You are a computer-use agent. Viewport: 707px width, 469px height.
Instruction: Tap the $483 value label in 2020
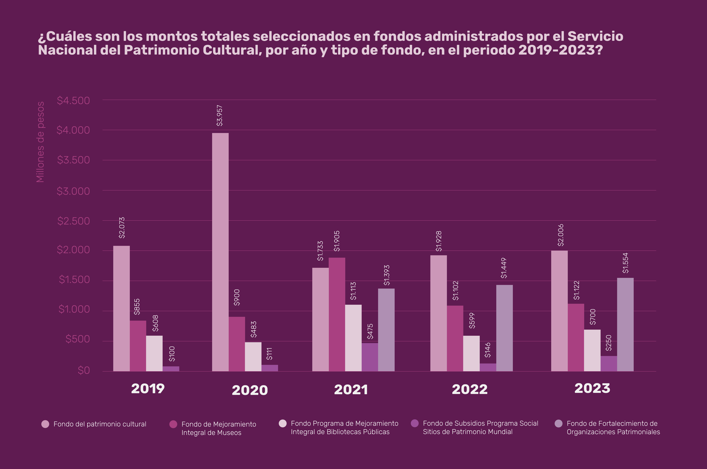(x=253, y=329)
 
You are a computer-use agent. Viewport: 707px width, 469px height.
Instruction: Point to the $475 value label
(x=370, y=331)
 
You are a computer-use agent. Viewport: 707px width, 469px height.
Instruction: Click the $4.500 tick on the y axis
(x=73, y=100)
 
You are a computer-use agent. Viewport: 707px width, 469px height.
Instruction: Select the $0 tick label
(x=84, y=371)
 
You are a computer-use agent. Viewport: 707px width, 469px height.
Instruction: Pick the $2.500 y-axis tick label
(x=73, y=221)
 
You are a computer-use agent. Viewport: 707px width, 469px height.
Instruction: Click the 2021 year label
(x=351, y=390)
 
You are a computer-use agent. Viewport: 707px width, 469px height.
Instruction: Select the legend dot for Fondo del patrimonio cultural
(x=45, y=424)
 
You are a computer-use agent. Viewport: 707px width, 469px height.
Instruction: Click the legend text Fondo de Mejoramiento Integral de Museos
(x=219, y=428)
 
